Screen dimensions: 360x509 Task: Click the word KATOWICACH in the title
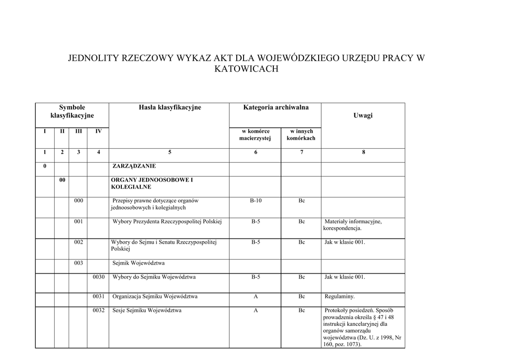(246, 69)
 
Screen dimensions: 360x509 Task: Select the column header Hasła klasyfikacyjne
(170, 107)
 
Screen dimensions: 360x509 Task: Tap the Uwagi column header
(363, 115)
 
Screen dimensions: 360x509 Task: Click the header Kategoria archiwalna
(275, 107)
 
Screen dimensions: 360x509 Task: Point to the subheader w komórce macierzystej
(255, 135)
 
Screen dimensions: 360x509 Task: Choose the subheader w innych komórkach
(301, 135)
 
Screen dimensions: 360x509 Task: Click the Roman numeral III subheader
(79, 131)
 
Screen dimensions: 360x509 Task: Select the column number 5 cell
(170, 152)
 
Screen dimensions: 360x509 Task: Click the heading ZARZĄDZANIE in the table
(134, 166)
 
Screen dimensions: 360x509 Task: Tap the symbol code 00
(62, 180)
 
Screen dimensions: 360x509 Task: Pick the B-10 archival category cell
(255, 200)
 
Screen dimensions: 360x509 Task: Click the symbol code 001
(79, 221)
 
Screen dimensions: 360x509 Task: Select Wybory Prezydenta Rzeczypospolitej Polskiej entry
(167, 221)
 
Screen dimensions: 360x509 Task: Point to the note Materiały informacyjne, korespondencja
(352, 225)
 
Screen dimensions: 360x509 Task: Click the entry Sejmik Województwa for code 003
(139, 263)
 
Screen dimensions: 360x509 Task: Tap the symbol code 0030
(98, 277)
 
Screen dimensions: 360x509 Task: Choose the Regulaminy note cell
(339, 297)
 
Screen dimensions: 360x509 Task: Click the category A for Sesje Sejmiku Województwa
(255, 311)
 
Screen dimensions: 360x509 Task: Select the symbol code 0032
(98, 311)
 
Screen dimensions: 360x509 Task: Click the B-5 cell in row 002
(255, 242)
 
